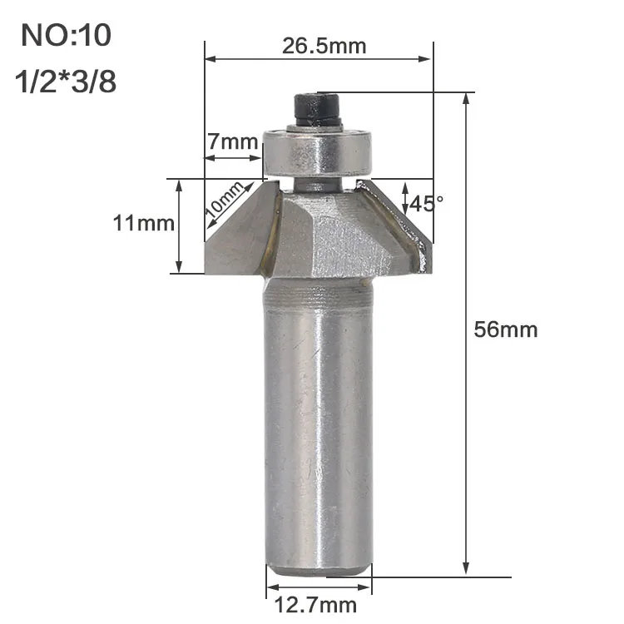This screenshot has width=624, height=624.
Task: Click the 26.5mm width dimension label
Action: point(324,46)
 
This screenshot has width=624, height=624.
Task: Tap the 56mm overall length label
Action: point(505,330)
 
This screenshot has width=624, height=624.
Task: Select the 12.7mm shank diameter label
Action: point(315,606)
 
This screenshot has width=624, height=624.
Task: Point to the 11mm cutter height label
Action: point(144,223)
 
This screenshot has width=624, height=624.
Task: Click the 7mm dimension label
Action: point(233,141)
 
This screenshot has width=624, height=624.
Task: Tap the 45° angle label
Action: point(426,204)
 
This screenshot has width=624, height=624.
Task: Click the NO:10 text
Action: point(66,35)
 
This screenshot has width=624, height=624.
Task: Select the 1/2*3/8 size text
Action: point(66,82)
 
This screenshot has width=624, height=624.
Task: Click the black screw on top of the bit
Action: point(317,108)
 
